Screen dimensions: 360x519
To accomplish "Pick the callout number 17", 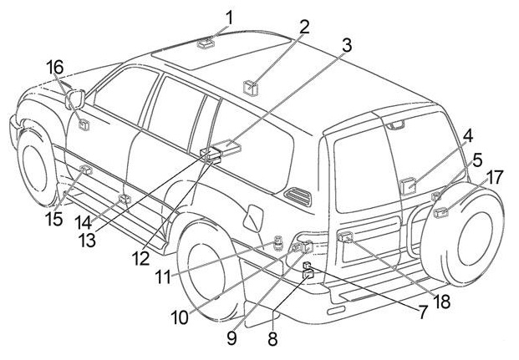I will pos(495,177).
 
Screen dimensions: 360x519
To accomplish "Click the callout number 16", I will pos(54,67).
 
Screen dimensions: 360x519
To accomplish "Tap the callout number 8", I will pos(272,340).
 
